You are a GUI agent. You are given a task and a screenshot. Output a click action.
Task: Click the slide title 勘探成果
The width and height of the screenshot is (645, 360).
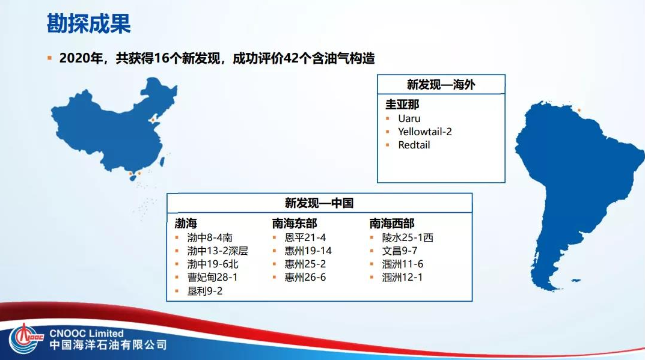(x=88, y=24)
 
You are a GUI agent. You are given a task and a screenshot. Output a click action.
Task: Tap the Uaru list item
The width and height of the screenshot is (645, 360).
(x=409, y=118)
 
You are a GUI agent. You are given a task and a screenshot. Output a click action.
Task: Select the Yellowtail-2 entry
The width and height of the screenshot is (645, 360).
(x=424, y=132)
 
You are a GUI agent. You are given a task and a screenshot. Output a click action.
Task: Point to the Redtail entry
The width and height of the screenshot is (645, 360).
(x=414, y=145)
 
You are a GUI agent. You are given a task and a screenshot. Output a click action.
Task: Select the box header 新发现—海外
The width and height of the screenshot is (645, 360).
(x=441, y=85)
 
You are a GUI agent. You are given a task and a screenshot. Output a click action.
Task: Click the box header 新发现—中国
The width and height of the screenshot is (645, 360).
(x=319, y=203)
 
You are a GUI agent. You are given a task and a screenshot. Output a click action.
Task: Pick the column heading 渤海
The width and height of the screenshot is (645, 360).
(x=186, y=224)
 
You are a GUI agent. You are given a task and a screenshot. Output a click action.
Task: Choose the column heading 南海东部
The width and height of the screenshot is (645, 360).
(x=294, y=224)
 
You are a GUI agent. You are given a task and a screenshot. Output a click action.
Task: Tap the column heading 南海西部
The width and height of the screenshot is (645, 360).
(x=391, y=224)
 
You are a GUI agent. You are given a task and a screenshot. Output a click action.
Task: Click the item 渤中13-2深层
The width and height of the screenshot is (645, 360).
(x=217, y=251)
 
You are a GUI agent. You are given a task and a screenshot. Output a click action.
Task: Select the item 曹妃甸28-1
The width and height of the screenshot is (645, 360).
(x=212, y=277)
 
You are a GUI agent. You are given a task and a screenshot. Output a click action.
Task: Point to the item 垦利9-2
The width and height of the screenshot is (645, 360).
(x=204, y=291)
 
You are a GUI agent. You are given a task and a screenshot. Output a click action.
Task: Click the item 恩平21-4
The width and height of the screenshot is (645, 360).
(x=305, y=237)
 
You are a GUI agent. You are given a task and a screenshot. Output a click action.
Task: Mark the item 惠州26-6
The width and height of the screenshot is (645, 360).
(x=305, y=277)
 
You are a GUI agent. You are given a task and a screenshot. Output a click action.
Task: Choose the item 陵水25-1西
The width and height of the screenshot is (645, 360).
(x=408, y=237)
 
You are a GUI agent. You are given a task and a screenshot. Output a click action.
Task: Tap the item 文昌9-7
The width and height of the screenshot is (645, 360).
(x=400, y=251)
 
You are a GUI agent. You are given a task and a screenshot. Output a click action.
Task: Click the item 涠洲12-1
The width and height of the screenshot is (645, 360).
(x=403, y=277)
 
